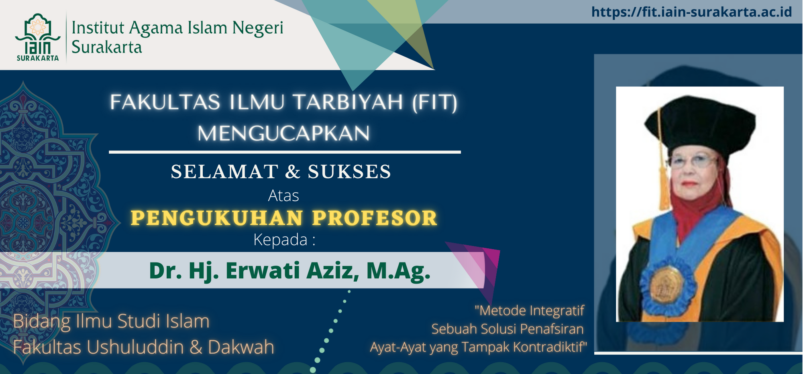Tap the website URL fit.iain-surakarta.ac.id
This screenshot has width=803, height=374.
tap(691, 12)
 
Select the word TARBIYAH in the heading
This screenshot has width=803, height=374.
tap(348, 102)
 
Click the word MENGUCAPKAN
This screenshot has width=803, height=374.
tap(283, 133)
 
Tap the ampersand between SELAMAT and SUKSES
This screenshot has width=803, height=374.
tap(293, 172)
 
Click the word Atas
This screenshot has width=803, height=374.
tap(283, 196)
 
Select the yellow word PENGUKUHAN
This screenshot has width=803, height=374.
tap(217, 218)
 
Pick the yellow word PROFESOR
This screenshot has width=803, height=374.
tap(375, 218)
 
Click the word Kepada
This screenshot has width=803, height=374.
tap(280, 240)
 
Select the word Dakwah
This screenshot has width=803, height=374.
tap(241, 347)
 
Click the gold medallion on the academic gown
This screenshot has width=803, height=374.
tap(667, 284)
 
